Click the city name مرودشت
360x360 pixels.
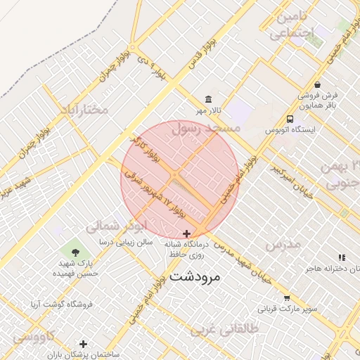click(x=195, y=276)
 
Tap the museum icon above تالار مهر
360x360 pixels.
click(x=207, y=99)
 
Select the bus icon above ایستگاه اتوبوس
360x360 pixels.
click(x=290, y=119)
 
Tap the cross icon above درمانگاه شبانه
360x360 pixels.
click(x=186, y=233)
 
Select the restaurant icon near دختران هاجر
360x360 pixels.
click(x=342, y=258)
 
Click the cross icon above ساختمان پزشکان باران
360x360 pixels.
click(x=84, y=344)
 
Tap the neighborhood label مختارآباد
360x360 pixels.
click(x=84, y=110)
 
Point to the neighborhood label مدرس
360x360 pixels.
click(x=283, y=244)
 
